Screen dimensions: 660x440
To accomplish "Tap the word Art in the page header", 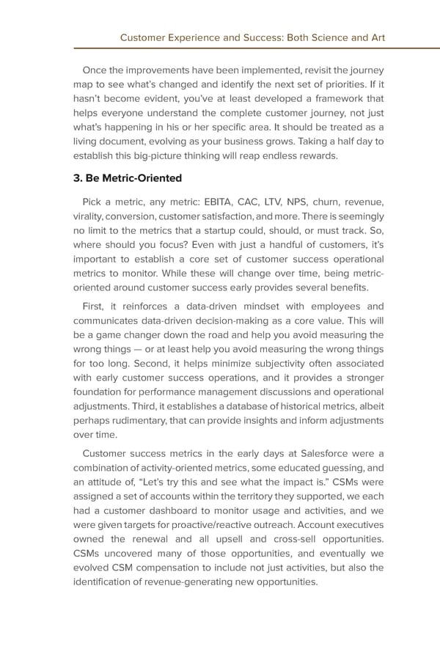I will tap(376, 37).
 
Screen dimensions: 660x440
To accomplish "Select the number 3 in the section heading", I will tap(78, 177).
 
